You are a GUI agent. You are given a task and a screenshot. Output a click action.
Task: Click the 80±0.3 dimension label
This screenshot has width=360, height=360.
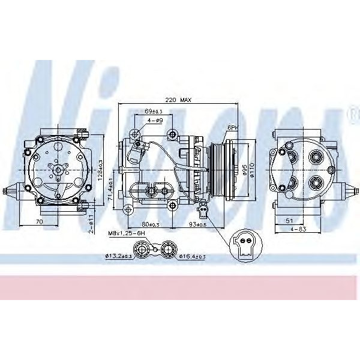pyautogui.click(x=143, y=225)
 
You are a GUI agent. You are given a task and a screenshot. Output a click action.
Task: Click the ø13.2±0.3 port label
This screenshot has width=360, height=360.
pyautogui.click(x=118, y=256)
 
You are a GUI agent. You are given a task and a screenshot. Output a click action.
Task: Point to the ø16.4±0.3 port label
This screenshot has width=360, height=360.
pyautogui.click(x=193, y=256)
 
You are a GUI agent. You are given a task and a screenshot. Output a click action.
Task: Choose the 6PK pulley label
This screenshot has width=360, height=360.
pyautogui.click(x=233, y=127)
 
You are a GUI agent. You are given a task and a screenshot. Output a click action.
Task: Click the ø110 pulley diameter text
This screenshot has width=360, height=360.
pyautogui.click(x=253, y=170)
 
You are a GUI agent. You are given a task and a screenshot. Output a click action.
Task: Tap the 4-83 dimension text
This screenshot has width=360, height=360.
pyautogui.click(x=298, y=229)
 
